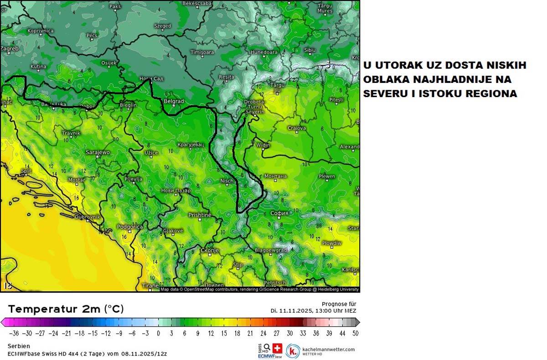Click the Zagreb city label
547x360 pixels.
point(10,48)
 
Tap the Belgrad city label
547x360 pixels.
point(174,101)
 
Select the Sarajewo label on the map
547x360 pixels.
point(98,152)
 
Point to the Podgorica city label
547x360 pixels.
point(130,226)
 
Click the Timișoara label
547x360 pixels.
point(202,53)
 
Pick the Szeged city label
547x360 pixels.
point(162,26)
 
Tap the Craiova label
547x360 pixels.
point(296,129)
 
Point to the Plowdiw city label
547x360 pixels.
point(331,243)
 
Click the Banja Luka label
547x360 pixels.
point(54,105)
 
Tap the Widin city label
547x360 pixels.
point(263,145)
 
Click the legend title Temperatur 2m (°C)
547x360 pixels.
point(66,309)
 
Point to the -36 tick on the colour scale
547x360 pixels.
point(14,333)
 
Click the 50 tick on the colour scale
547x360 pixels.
point(355,333)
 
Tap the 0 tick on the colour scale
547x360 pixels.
point(158,333)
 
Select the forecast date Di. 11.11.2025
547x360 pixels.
point(291,310)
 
